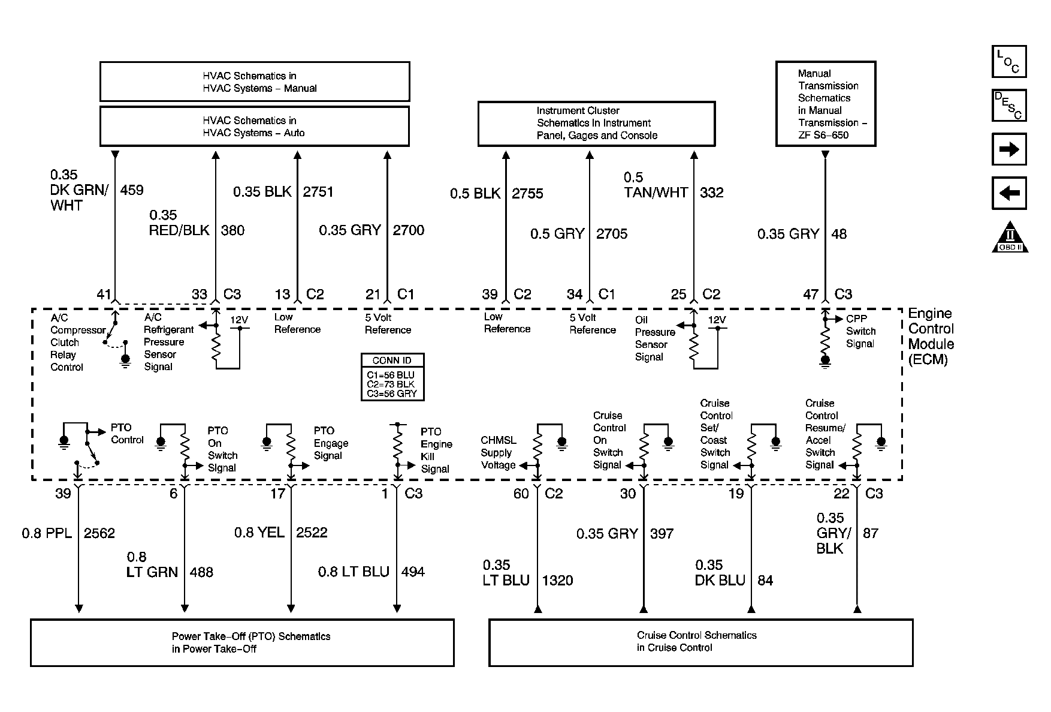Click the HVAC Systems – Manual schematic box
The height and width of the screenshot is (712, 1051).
(255, 82)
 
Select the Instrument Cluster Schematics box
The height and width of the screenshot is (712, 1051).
(596, 124)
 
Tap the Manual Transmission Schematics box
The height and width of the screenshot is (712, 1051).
(825, 104)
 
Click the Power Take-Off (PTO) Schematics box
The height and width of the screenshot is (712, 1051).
(242, 642)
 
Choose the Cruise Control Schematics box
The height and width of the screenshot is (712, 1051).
(700, 642)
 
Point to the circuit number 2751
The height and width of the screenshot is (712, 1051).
(318, 192)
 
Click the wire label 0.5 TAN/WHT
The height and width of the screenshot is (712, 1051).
(656, 185)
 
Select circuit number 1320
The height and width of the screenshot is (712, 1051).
(557, 580)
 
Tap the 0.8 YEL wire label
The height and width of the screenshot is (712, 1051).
(259, 533)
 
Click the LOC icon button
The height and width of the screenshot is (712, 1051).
(1009, 62)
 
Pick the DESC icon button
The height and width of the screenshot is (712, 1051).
(1009, 106)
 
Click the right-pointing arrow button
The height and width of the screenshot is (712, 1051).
(1009, 149)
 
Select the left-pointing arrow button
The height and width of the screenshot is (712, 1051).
(1009, 193)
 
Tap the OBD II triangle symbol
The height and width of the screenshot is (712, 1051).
(1010, 238)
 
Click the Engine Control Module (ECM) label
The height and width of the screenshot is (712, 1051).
(931, 337)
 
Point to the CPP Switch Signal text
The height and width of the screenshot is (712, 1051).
(860, 331)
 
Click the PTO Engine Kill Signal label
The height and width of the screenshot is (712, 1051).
(436, 450)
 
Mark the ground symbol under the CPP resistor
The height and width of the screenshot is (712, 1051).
(825, 362)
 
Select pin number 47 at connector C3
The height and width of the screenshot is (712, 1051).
(810, 295)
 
